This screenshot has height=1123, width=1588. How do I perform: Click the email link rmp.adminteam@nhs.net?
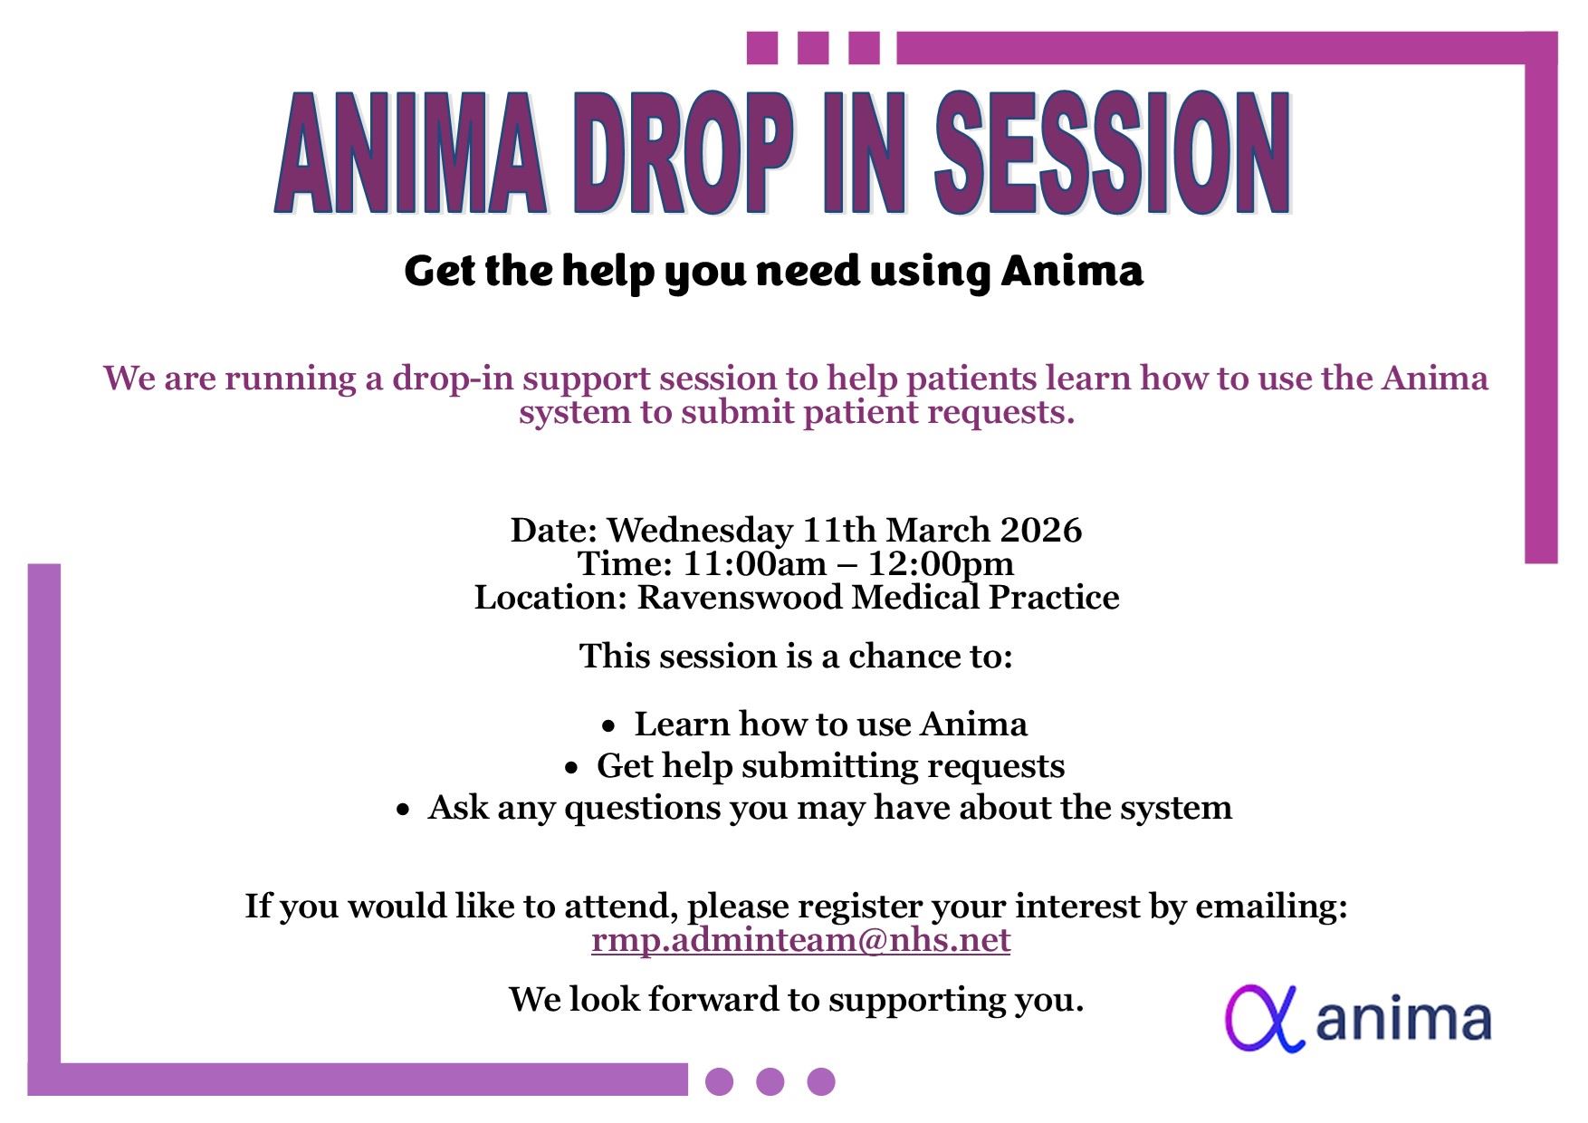point(800,941)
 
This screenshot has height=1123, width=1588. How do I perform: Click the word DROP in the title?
point(677,151)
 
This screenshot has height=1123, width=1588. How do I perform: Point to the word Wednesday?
point(699,530)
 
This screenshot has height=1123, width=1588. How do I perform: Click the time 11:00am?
point(755,564)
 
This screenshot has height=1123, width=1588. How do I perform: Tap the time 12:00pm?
point(942,564)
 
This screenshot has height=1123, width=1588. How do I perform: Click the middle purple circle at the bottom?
point(770,1081)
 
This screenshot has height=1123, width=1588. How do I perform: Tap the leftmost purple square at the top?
point(762,48)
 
